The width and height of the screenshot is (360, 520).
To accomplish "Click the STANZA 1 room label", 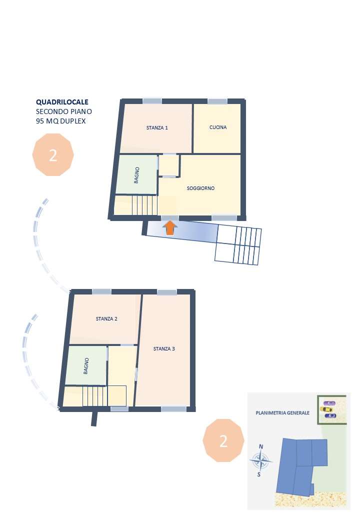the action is click(157, 127).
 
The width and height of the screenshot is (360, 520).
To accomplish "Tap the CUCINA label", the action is click(218, 127).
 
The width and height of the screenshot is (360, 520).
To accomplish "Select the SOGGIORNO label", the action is click(200, 188).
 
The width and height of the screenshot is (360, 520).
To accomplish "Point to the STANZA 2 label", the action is click(106, 318).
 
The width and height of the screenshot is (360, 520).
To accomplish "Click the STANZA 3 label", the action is click(164, 348).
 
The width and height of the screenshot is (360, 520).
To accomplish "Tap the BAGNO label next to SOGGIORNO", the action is click(136, 175).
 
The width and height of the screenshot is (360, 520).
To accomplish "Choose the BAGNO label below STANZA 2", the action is click(86, 366).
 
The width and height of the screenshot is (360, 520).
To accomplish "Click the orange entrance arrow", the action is click(170, 228).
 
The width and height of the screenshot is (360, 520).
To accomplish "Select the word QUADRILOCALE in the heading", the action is click(62, 102).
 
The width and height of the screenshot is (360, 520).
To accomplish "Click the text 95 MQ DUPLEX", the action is click(60, 121).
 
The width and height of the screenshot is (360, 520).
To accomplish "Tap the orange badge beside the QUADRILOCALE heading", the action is click(53, 154).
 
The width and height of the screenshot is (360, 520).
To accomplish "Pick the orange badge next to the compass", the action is click(223, 440).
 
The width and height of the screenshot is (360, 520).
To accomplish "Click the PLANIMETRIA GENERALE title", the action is click(282, 413).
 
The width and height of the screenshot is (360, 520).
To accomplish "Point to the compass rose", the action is click(261, 460).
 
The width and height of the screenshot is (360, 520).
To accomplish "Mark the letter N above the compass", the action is click(261, 446).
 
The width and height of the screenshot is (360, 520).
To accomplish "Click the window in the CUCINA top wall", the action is click(217, 101).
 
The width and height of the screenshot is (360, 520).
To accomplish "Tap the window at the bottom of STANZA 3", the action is click(173, 409).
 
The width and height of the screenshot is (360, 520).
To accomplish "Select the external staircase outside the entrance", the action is click(238, 244).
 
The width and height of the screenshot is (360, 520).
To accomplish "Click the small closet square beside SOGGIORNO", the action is click(169, 165).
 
